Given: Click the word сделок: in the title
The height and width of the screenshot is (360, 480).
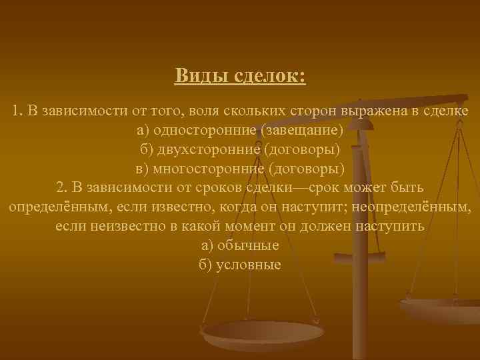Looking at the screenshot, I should point(270,75).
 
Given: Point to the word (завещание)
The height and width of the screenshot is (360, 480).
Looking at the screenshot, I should point(303,129).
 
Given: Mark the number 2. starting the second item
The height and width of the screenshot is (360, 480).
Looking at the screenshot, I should point(65,187).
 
